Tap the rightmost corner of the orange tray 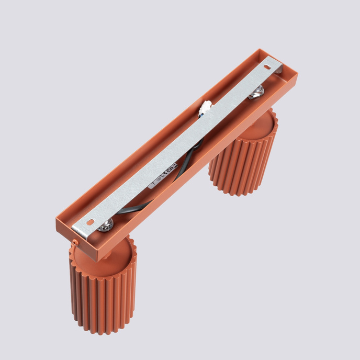(297, 76)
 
